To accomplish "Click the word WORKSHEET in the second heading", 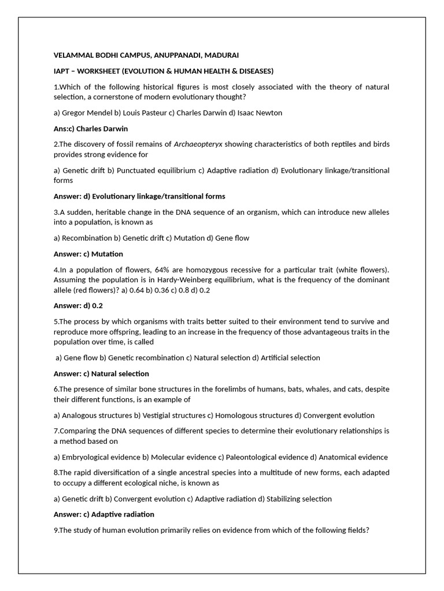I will click(x=101, y=71).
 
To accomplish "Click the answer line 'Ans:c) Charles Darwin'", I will click(x=91, y=128).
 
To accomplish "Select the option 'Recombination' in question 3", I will click(x=87, y=238).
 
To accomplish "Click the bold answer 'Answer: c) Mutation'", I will click(x=88, y=254).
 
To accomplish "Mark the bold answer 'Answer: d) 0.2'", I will click(x=78, y=305).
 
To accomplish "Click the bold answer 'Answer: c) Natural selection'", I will click(x=101, y=373).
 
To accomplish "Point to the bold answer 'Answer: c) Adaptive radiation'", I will click(x=104, y=514).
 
